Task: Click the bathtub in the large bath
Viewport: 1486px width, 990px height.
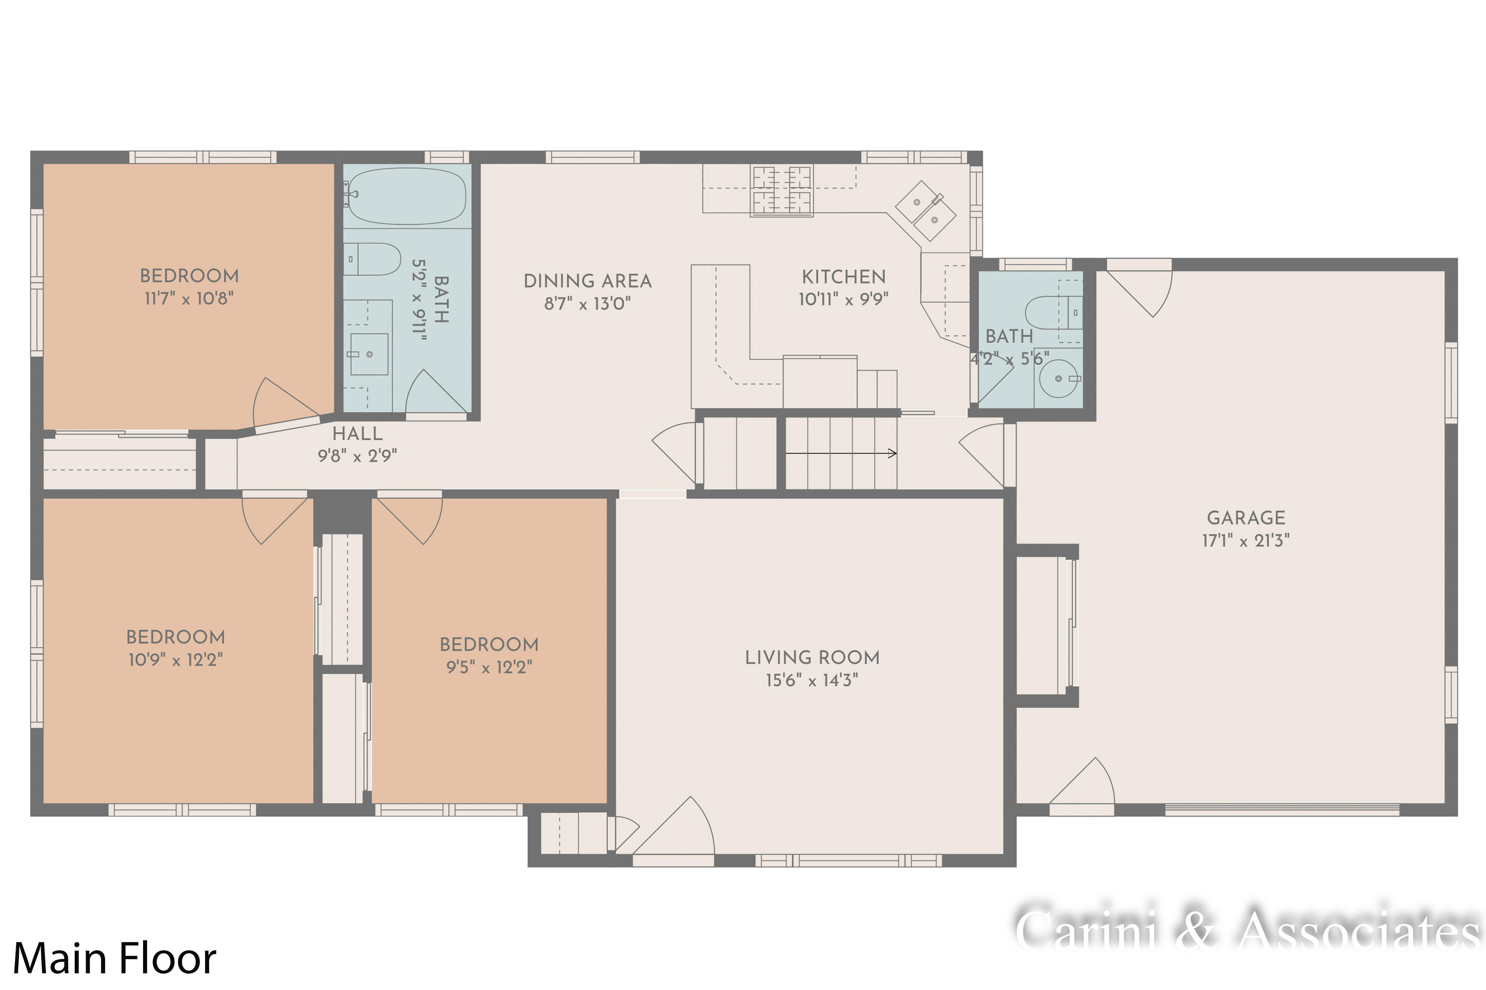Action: point(407,196)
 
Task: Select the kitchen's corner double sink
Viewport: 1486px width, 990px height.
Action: point(926,210)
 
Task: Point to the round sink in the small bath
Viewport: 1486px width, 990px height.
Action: point(1058,379)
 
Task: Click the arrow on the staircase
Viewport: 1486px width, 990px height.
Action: point(841,453)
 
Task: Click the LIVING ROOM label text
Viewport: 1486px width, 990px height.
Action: point(812,657)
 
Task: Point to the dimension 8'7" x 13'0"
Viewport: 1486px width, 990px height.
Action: point(587,304)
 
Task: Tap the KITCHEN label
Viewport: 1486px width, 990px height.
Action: point(844,276)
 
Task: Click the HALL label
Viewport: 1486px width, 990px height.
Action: point(358,434)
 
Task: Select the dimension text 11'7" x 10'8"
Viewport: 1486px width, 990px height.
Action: point(189,298)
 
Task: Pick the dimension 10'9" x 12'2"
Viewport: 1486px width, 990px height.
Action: point(175,660)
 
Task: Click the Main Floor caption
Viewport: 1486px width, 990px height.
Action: point(114,958)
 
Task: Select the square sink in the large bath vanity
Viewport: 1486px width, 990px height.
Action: point(370,354)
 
